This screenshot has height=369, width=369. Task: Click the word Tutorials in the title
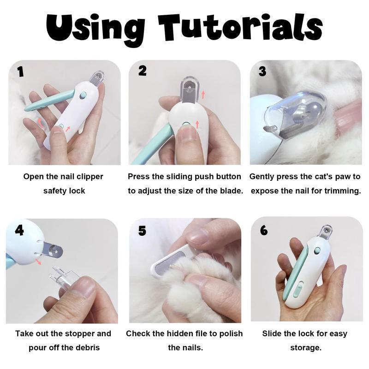pyautogui.click(x=240, y=28)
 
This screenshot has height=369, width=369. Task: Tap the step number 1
pyautogui.click(x=21, y=71)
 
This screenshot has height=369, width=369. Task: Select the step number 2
pyautogui.click(x=142, y=71)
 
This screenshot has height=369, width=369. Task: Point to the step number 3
pyautogui.click(x=262, y=71)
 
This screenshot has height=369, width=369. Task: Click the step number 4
pyautogui.click(x=19, y=230)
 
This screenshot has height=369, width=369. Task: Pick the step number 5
pyautogui.click(x=142, y=231)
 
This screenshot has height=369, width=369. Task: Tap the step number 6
pyautogui.click(x=264, y=230)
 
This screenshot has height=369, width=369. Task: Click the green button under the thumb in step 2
pyautogui.click(x=186, y=124)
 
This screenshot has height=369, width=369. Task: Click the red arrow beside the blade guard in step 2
pyautogui.click(x=203, y=95)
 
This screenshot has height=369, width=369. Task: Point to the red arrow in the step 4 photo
pyautogui.click(x=38, y=261)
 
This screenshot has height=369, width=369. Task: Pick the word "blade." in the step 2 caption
pyautogui.click(x=232, y=190)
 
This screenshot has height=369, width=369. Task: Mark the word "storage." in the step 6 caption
pyautogui.click(x=306, y=348)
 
